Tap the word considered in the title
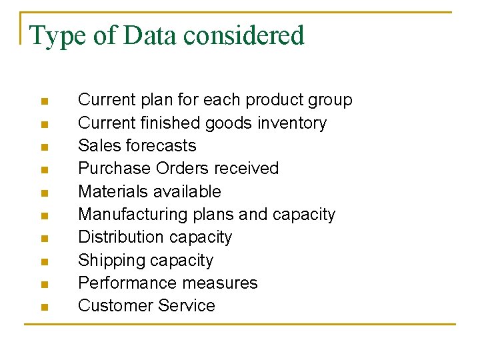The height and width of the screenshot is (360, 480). [244, 35]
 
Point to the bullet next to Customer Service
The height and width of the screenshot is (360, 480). [43, 307]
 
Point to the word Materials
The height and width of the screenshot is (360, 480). [109, 192]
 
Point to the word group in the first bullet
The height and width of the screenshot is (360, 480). [329, 101]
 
